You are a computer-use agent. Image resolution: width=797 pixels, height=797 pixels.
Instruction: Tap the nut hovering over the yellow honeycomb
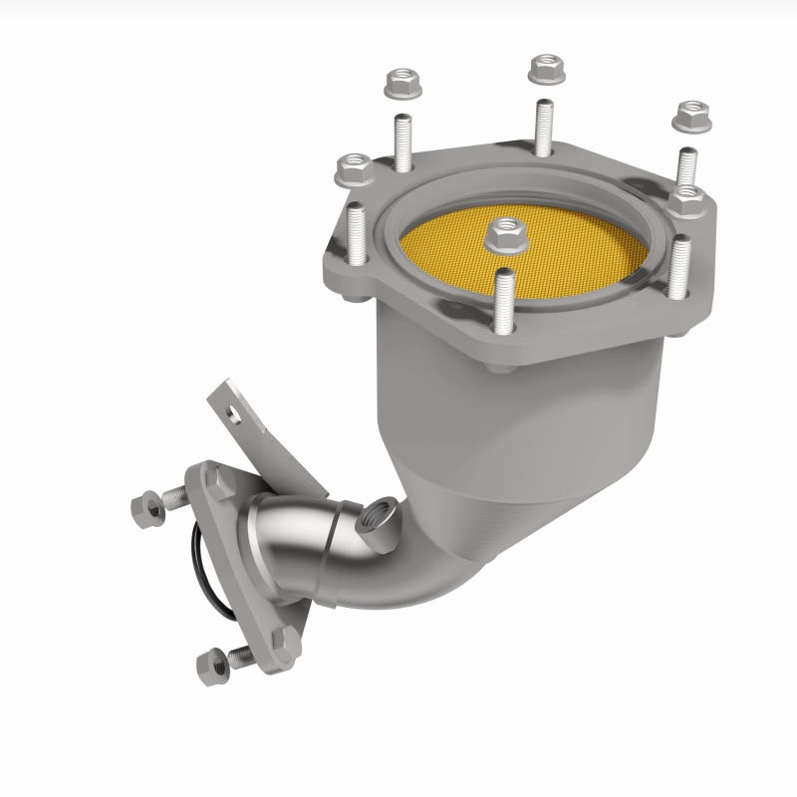[x=505, y=236]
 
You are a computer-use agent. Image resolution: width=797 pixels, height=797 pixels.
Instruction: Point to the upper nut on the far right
[x=689, y=117]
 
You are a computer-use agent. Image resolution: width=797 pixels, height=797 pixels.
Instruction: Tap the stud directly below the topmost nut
[x=542, y=127]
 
